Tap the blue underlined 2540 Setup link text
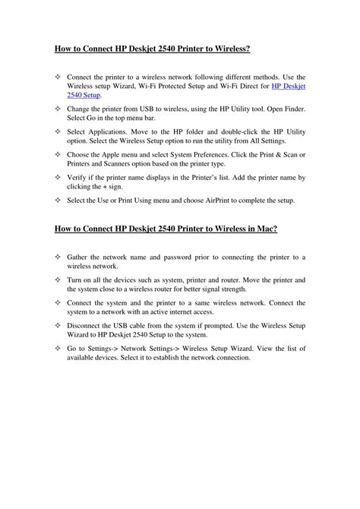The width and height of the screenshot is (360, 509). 84,96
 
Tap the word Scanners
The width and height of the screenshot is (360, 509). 123,164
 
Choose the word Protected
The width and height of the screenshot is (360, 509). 172,87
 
